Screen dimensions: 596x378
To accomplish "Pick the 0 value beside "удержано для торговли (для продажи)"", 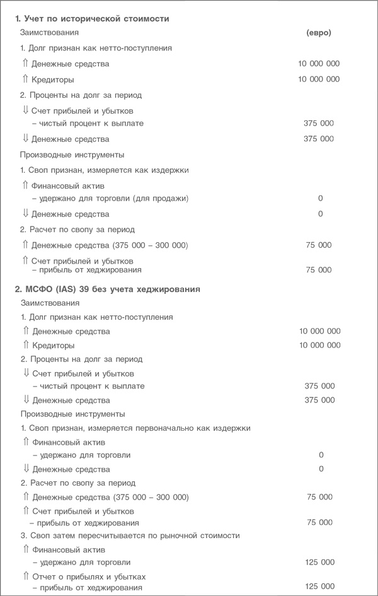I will click(320, 199).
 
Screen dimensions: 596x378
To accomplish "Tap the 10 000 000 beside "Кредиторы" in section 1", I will click(319, 80).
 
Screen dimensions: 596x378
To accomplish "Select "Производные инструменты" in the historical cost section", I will click(72, 155).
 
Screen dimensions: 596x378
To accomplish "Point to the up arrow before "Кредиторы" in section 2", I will click(25, 345).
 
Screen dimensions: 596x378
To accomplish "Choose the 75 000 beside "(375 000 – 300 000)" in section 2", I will click(319, 497).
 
